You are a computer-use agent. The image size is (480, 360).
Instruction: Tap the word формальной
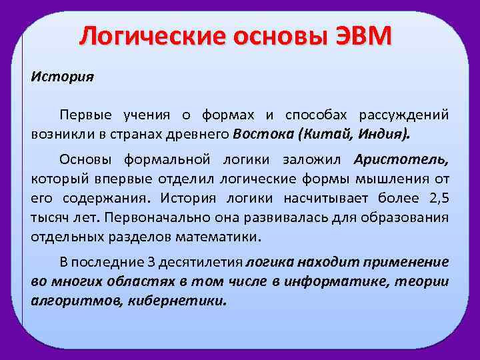166,159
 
